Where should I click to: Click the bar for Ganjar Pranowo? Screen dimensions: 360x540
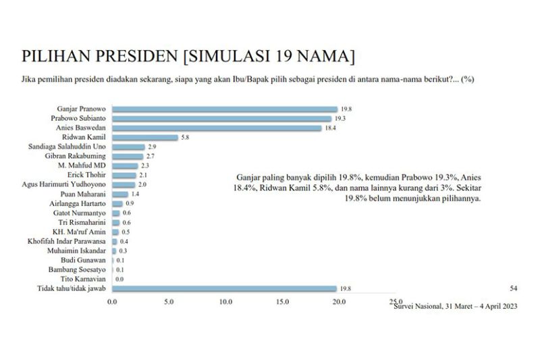point(225,109)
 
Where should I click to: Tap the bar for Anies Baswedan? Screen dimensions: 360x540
point(217,128)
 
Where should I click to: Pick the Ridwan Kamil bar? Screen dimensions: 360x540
point(145,137)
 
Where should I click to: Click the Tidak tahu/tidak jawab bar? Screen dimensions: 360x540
point(224,288)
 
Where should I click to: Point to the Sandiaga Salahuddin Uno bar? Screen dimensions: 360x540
point(128,147)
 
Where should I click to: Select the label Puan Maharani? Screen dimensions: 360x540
point(83,194)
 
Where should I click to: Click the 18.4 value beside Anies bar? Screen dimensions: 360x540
point(330,128)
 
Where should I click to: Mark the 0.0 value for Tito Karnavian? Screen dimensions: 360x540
point(119,279)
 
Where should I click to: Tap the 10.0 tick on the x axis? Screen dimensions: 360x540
point(225,302)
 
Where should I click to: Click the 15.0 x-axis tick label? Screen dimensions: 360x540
point(281,302)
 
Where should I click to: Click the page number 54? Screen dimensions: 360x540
point(514,288)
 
